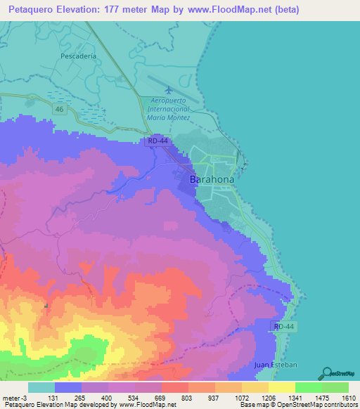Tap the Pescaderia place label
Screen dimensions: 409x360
[x=77, y=56]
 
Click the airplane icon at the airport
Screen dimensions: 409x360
[x=168, y=90]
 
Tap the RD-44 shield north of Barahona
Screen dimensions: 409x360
[x=158, y=141]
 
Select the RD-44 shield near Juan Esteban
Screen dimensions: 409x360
[x=284, y=326]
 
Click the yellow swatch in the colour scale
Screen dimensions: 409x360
[x=281, y=387]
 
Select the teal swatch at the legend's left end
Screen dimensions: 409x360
[x=41, y=387]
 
